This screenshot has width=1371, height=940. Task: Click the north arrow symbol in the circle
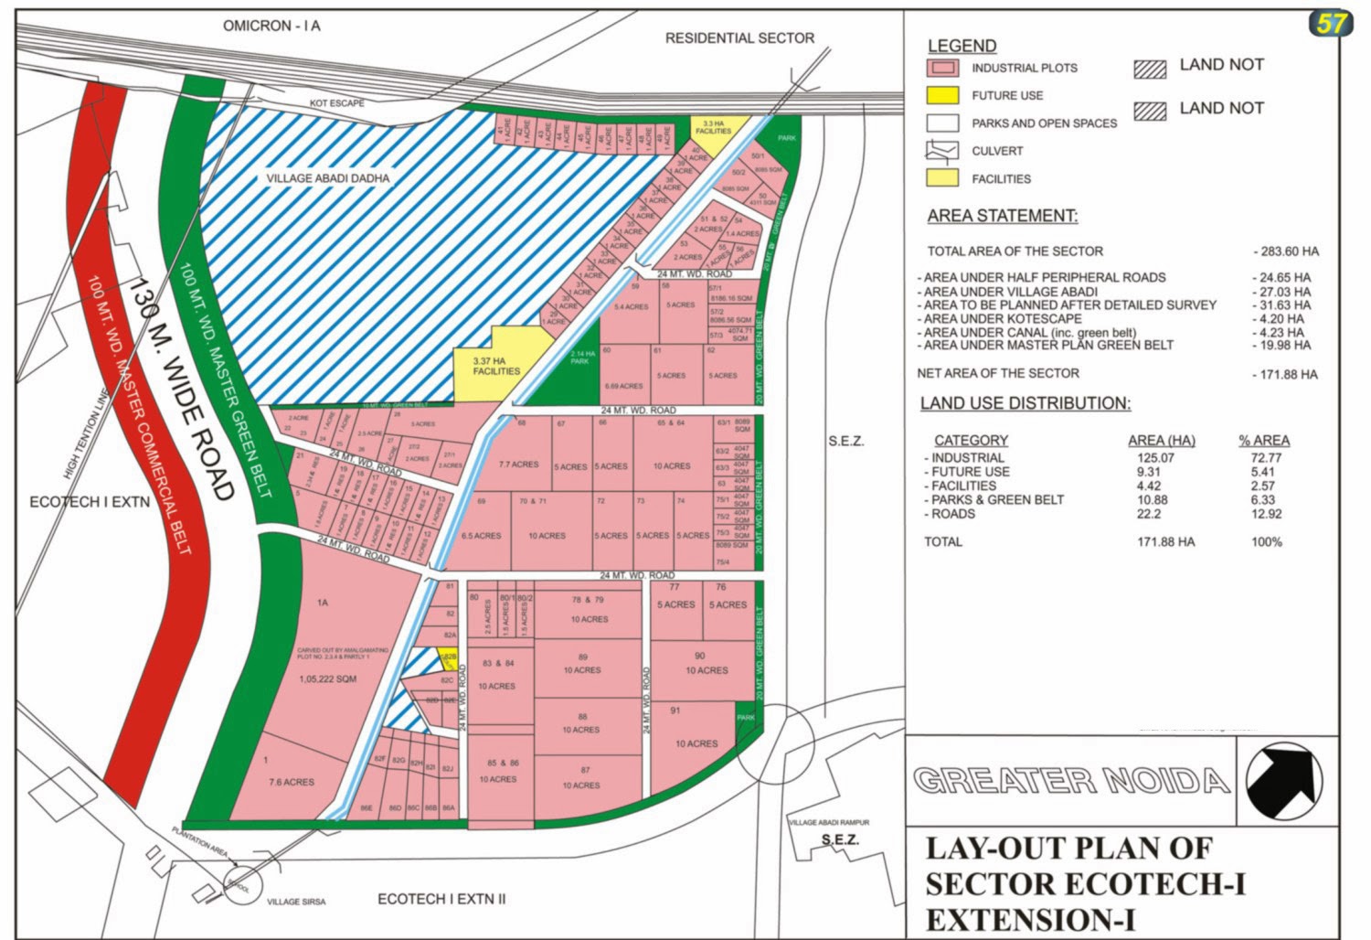(1284, 781)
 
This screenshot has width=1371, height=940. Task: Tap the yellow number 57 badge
(1330, 23)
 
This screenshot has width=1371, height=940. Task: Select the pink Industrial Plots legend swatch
(942, 68)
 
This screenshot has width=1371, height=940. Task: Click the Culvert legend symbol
(942, 151)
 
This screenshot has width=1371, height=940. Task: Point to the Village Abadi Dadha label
(327, 178)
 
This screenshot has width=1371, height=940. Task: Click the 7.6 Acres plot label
(292, 782)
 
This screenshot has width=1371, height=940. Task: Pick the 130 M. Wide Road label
(180, 388)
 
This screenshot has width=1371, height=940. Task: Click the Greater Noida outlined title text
(1070, 781)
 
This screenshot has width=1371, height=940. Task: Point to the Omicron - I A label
(271, 26)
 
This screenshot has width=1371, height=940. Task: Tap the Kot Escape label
(336, 103)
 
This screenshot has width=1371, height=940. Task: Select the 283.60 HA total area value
(1285, 251)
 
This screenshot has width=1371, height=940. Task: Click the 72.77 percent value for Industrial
(1266, 458)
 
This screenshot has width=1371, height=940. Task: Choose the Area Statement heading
(1002, 216)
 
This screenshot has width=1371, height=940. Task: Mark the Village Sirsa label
(295, 902)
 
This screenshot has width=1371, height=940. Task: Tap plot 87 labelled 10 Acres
(581, 779)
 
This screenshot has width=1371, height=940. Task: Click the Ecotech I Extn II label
(441, 899)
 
